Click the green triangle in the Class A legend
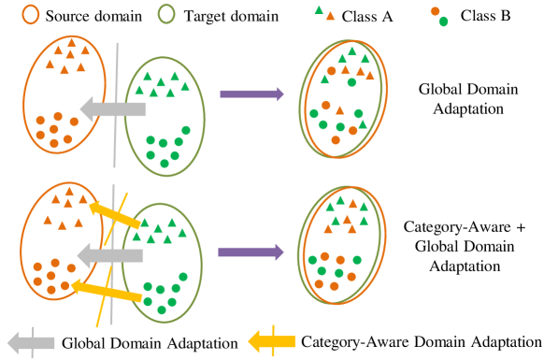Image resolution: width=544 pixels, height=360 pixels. [321, 10]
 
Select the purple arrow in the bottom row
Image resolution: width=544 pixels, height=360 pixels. [251, 252]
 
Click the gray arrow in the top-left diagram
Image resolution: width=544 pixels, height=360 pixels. [112, 110]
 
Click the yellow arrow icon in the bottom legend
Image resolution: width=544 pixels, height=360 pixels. [270, 342]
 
